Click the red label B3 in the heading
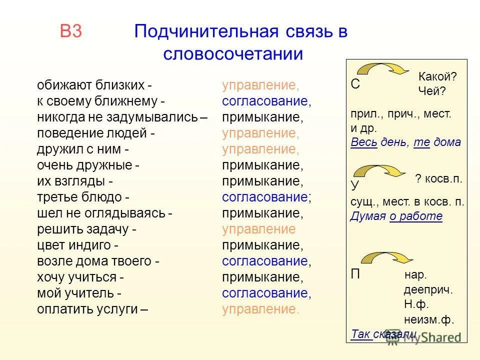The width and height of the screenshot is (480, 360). coord(70,31)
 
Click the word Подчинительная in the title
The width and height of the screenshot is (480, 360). coord(205,31)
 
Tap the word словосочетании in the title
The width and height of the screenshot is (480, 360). coord(233,53)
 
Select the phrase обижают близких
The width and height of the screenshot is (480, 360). coord(90,85)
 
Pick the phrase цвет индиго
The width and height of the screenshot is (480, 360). coord(77,245)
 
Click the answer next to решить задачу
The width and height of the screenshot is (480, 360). coord(258,229)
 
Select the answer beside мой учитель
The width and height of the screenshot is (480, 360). coord(266,293)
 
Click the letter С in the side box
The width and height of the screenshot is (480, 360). coord(355,84)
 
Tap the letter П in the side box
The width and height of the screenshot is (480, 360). coord(355,274)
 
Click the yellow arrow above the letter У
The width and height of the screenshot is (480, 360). coord(383,171)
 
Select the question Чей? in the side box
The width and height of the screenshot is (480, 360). coord(431,90)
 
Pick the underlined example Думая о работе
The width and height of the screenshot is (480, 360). coord(396,216)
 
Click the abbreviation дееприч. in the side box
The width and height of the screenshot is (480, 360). coord(428,290)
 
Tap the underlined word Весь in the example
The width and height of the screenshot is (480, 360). coord(361,142)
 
